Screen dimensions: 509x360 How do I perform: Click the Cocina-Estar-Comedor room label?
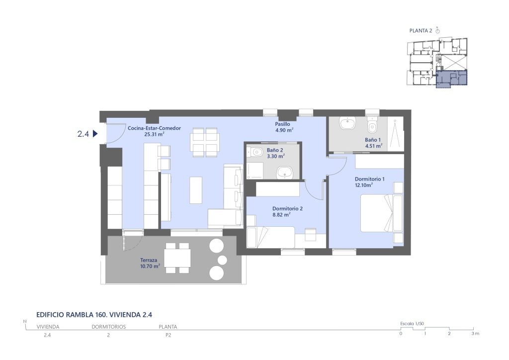click(154, 128)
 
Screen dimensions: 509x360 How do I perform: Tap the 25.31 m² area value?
click(154, 134)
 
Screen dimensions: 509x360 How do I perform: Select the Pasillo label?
click(282, 124)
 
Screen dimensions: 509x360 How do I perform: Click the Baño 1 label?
click(373, 140)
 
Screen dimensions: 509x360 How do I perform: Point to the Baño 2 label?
click(275, 150)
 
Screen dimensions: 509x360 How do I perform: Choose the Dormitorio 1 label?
click(370, 179)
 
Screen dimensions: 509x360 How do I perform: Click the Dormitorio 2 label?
click(288, 209)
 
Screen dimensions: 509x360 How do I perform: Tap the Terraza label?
click(149, 260)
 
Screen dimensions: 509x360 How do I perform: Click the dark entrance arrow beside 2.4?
click(95, 133)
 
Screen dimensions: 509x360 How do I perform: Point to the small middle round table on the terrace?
click(222, 260)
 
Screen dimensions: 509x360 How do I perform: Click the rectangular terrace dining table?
click(177, 258)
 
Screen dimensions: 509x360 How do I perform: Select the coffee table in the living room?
click(196, 190)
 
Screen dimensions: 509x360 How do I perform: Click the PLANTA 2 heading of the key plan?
click(421, 31)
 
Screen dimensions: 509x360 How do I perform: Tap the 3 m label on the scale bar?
click(475, 333)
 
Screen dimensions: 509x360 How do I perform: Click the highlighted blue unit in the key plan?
click(451, 79)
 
